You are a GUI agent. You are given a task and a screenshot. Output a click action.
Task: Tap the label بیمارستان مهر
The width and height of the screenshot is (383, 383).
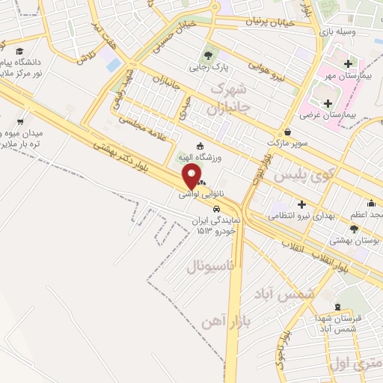click(x=349, y=76)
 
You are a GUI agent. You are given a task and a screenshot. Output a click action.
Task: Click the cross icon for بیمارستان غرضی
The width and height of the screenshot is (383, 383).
click(x=328, y=102)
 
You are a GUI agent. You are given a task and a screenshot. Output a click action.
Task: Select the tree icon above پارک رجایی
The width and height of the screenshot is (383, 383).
click(x=207, y=55)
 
